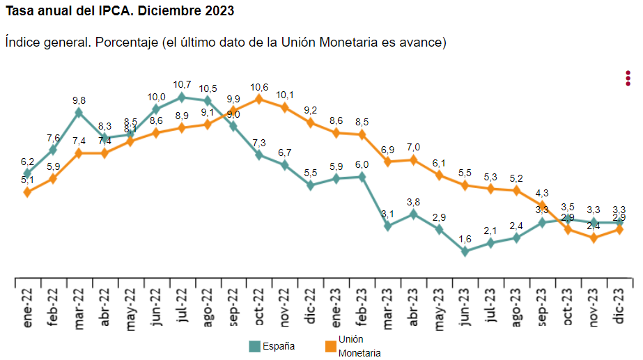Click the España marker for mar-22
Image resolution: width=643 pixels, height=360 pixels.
(79, 112)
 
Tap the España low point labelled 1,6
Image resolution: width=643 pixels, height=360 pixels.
(465, 251)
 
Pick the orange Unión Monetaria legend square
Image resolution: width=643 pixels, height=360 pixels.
(330, 346)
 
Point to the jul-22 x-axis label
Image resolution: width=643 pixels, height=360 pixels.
(182, 306)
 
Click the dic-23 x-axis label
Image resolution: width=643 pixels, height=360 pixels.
(619, 306)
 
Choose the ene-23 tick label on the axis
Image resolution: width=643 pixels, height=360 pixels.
(336, 306)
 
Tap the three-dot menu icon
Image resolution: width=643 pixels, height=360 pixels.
(628, 78)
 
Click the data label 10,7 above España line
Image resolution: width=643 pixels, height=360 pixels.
(182, 85)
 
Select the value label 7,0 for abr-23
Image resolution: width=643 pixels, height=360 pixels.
(413, 147)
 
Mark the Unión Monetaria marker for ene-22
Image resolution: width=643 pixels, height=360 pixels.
(27, 192)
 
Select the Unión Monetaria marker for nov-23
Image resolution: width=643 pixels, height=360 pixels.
(594, 237)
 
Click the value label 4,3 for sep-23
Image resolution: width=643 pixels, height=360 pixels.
(541, 193)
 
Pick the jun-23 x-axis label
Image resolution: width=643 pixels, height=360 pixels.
(465, 306)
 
